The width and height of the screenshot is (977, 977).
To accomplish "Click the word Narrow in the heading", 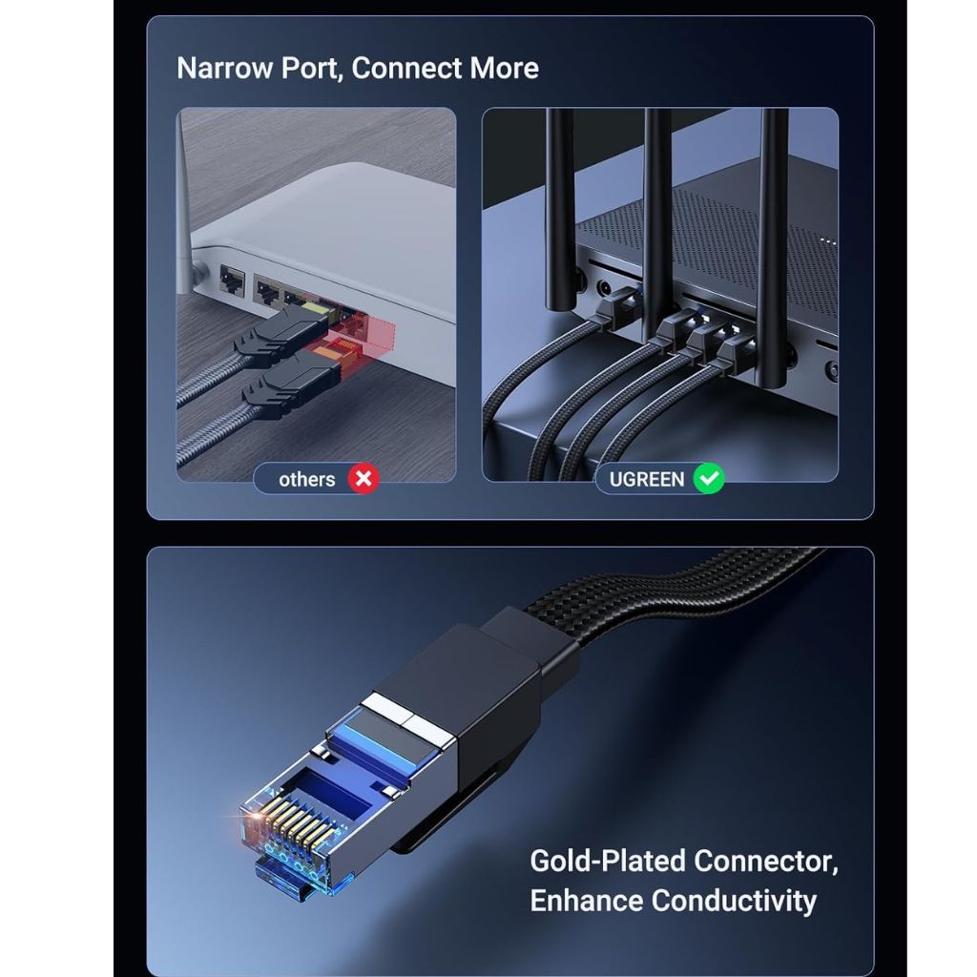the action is (225, 68).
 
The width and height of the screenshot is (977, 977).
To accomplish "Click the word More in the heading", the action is (504, 68).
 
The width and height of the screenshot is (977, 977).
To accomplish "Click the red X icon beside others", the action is (364, 479).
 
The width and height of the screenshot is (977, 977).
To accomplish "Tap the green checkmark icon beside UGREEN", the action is (709, 479).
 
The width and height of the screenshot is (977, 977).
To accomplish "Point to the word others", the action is (306, 479).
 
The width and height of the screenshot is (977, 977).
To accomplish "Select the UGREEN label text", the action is (647, 479).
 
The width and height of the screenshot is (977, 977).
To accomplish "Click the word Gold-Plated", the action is (608, 862).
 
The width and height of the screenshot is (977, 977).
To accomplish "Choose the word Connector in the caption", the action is (766, 862).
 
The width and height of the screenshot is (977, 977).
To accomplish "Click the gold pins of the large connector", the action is (293, 822).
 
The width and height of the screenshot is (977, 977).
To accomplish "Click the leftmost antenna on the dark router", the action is (560, 209).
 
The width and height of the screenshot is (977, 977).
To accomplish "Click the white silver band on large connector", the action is (408, 719).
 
